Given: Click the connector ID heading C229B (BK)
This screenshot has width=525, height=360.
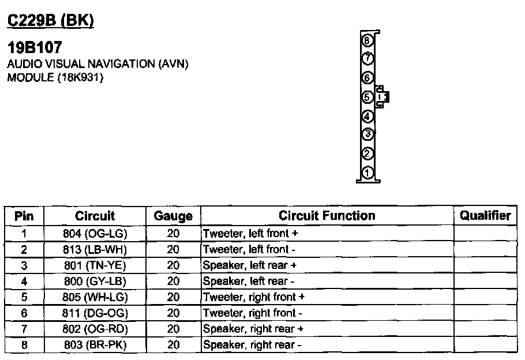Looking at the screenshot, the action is coord(51,21).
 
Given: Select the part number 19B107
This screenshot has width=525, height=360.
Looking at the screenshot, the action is coord(35,47).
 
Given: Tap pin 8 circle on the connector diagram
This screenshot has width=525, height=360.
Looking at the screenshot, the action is coord(367,40).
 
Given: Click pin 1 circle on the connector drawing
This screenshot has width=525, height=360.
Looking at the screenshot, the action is coord(367,173).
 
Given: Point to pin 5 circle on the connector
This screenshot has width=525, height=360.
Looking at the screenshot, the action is coord(367,97).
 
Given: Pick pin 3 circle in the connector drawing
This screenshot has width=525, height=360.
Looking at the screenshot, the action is coord(367,134).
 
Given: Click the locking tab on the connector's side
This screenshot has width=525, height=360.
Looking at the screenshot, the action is coord(382,97).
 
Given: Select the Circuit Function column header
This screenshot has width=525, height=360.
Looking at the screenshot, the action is coord(327,216).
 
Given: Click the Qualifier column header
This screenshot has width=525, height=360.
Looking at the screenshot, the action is coord(485,216).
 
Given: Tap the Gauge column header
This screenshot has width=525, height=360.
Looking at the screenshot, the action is coord(173,216).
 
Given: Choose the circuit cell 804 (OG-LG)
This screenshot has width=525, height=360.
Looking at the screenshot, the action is coord(95,234).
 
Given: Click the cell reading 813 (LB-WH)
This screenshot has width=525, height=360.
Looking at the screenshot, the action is coord(95,249).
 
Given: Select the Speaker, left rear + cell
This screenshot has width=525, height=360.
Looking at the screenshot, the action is coord(250,265).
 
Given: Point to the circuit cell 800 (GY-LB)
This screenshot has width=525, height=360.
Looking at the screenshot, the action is coord(95,282).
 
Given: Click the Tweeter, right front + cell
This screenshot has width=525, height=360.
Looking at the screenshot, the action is coord(254,297).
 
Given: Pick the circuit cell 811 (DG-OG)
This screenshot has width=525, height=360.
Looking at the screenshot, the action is coord(95,313).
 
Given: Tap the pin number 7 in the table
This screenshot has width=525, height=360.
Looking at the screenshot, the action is coord(24,329).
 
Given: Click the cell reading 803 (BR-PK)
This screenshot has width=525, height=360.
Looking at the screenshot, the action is coord(95,345).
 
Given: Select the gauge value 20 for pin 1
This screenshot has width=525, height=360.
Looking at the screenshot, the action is coord(173,234).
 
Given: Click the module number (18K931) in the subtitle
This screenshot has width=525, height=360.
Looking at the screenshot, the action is coord(80,78).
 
